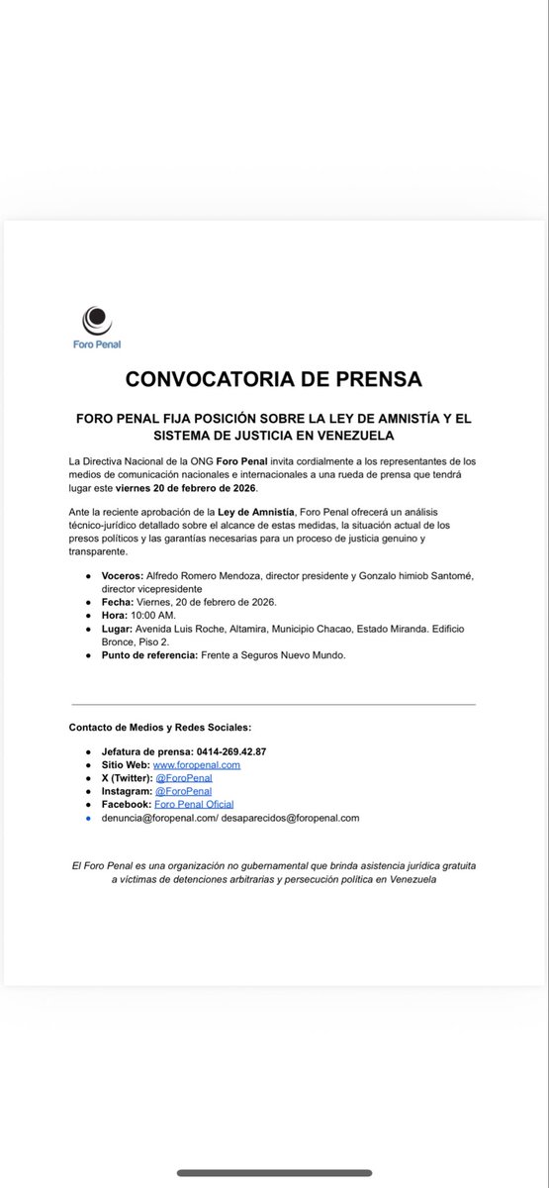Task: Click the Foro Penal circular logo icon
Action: pos(96,320)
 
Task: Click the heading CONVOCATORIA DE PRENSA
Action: pos(274,379)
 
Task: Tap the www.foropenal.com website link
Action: pos(196,764)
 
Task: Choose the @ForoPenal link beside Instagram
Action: pos(183,791)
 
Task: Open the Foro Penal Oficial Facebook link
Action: pos(194,805)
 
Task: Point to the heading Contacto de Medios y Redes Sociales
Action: pos(167,728)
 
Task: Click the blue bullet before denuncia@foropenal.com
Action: pos(89,819)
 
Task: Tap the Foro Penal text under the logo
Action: pos(97,345)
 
